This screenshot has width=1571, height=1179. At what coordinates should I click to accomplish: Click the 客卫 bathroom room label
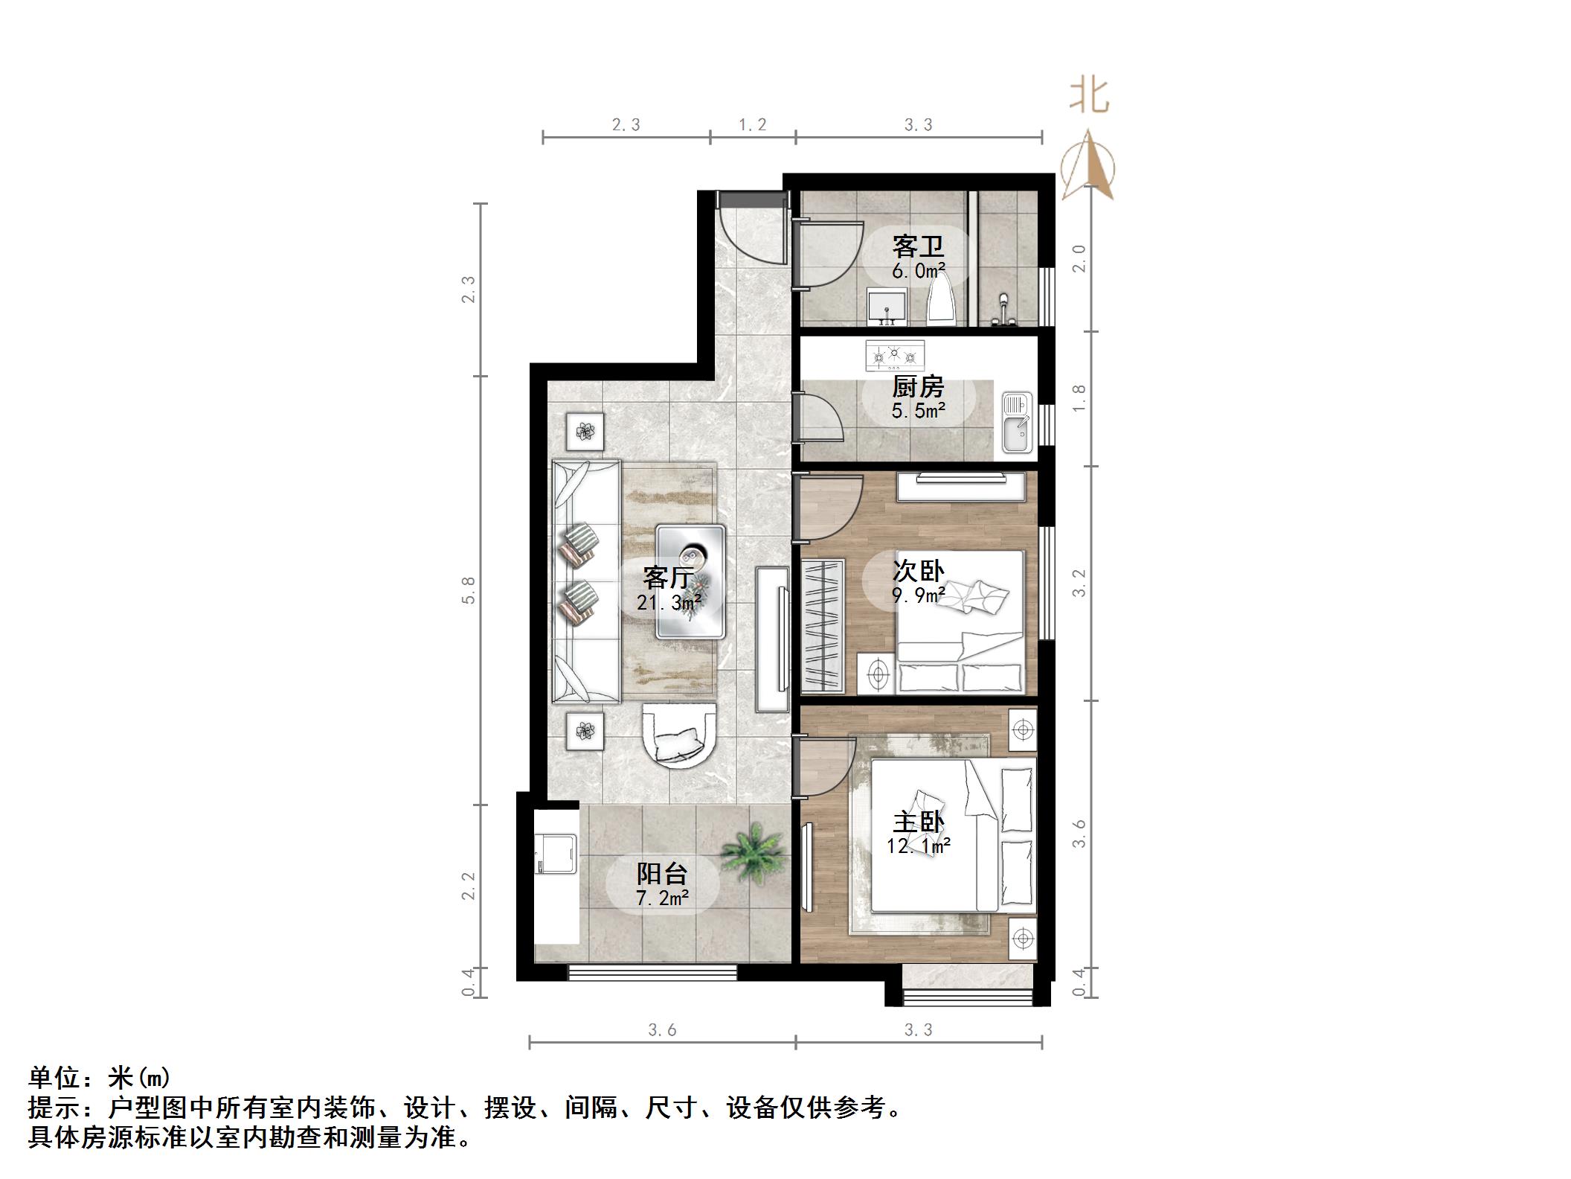[918, 246]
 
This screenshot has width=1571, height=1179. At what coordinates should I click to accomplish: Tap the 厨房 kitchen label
[918, 387]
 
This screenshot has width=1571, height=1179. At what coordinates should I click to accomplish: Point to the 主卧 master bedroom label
[919, 822]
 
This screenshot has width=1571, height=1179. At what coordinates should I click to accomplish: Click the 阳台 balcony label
[662, 873]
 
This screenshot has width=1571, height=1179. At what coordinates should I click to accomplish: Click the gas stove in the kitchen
[895, 356]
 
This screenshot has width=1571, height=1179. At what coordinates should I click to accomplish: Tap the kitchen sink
[1015, 423]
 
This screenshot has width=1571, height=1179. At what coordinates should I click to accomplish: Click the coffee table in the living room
[690, 581]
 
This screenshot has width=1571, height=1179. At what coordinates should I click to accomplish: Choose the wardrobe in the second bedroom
[823, 624]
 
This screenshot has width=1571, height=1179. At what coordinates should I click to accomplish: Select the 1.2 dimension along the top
[752, 125]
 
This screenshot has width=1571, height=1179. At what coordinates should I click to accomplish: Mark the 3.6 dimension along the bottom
[662, 1030]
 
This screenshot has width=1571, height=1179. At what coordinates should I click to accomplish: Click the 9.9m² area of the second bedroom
[919, 595]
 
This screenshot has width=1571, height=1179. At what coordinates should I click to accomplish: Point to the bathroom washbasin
[887, 307]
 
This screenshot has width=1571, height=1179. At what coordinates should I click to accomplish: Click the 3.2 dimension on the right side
[1079, 583]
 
